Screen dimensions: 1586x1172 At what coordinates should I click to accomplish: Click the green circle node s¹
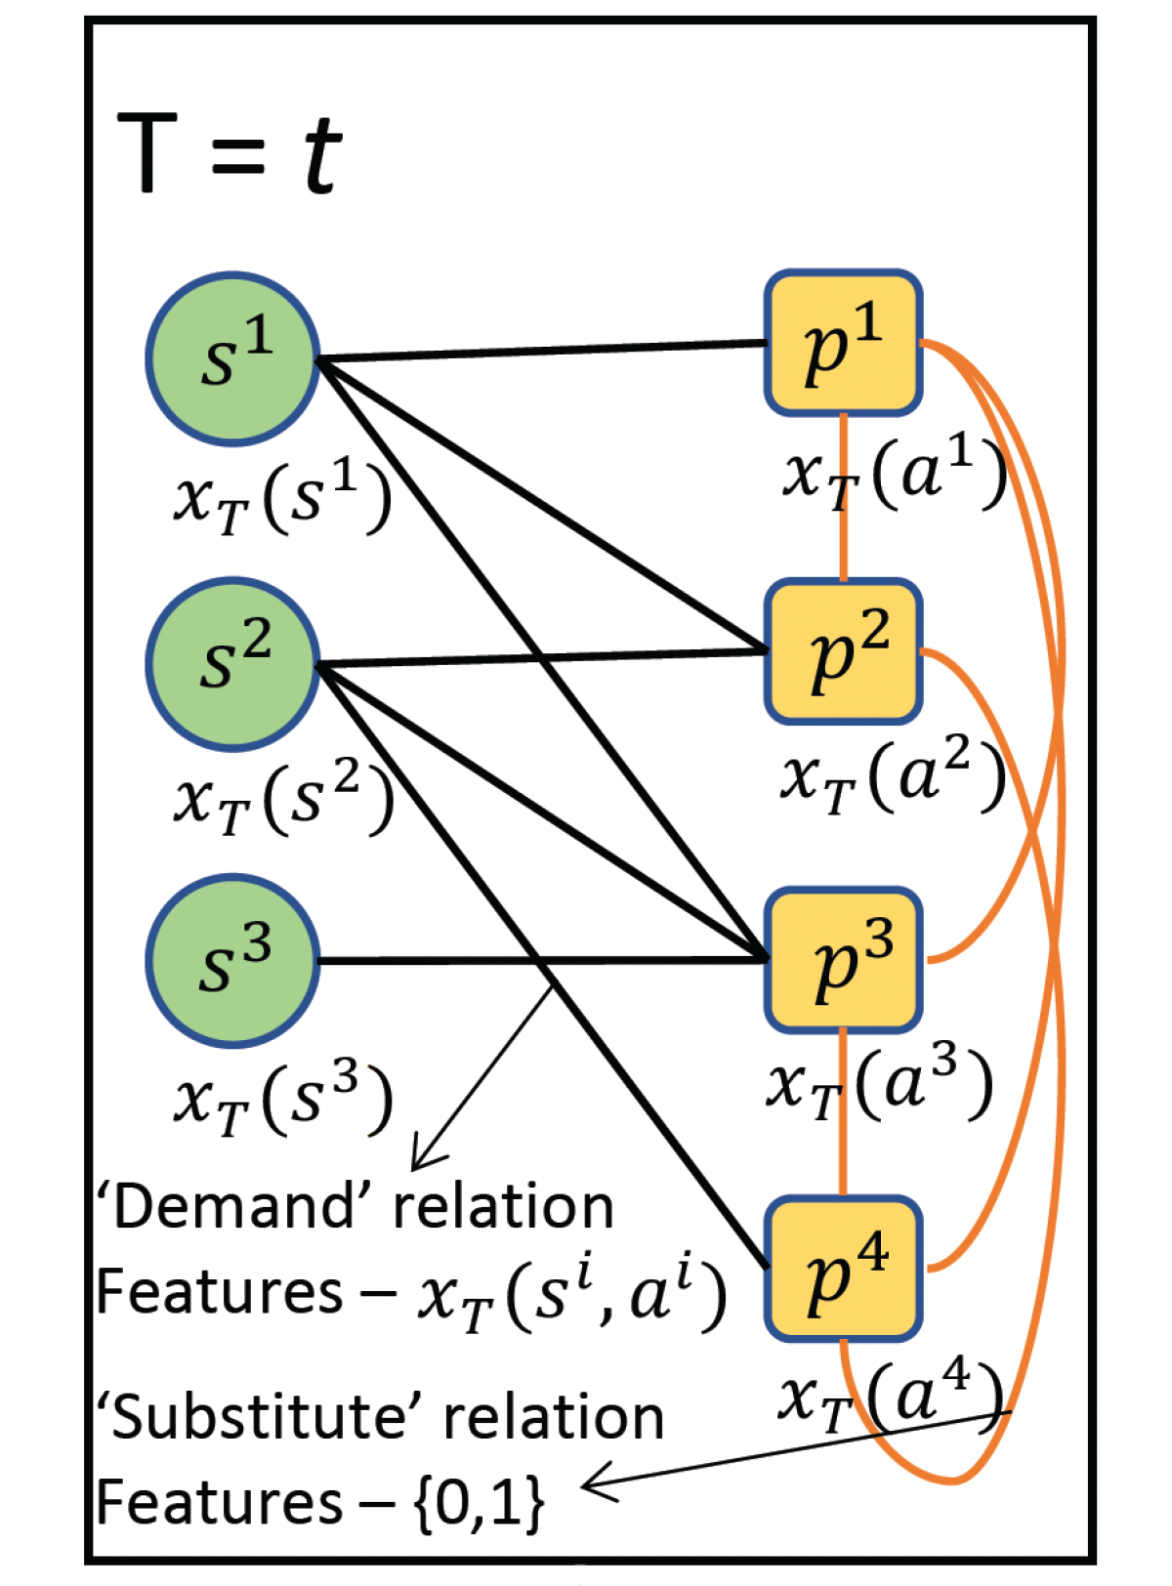233,358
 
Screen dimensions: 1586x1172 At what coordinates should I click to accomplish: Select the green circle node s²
233,664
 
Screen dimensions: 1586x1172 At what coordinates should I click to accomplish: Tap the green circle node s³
233,961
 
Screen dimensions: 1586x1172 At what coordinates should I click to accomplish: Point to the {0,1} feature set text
479,1502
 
